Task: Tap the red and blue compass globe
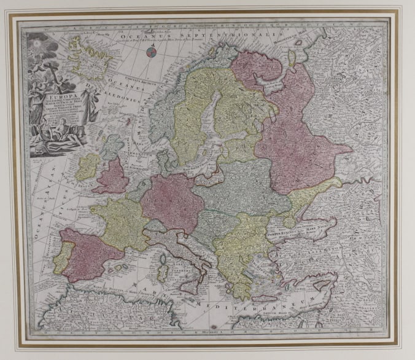pos(150,54)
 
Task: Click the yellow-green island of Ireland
pos(88,165)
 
